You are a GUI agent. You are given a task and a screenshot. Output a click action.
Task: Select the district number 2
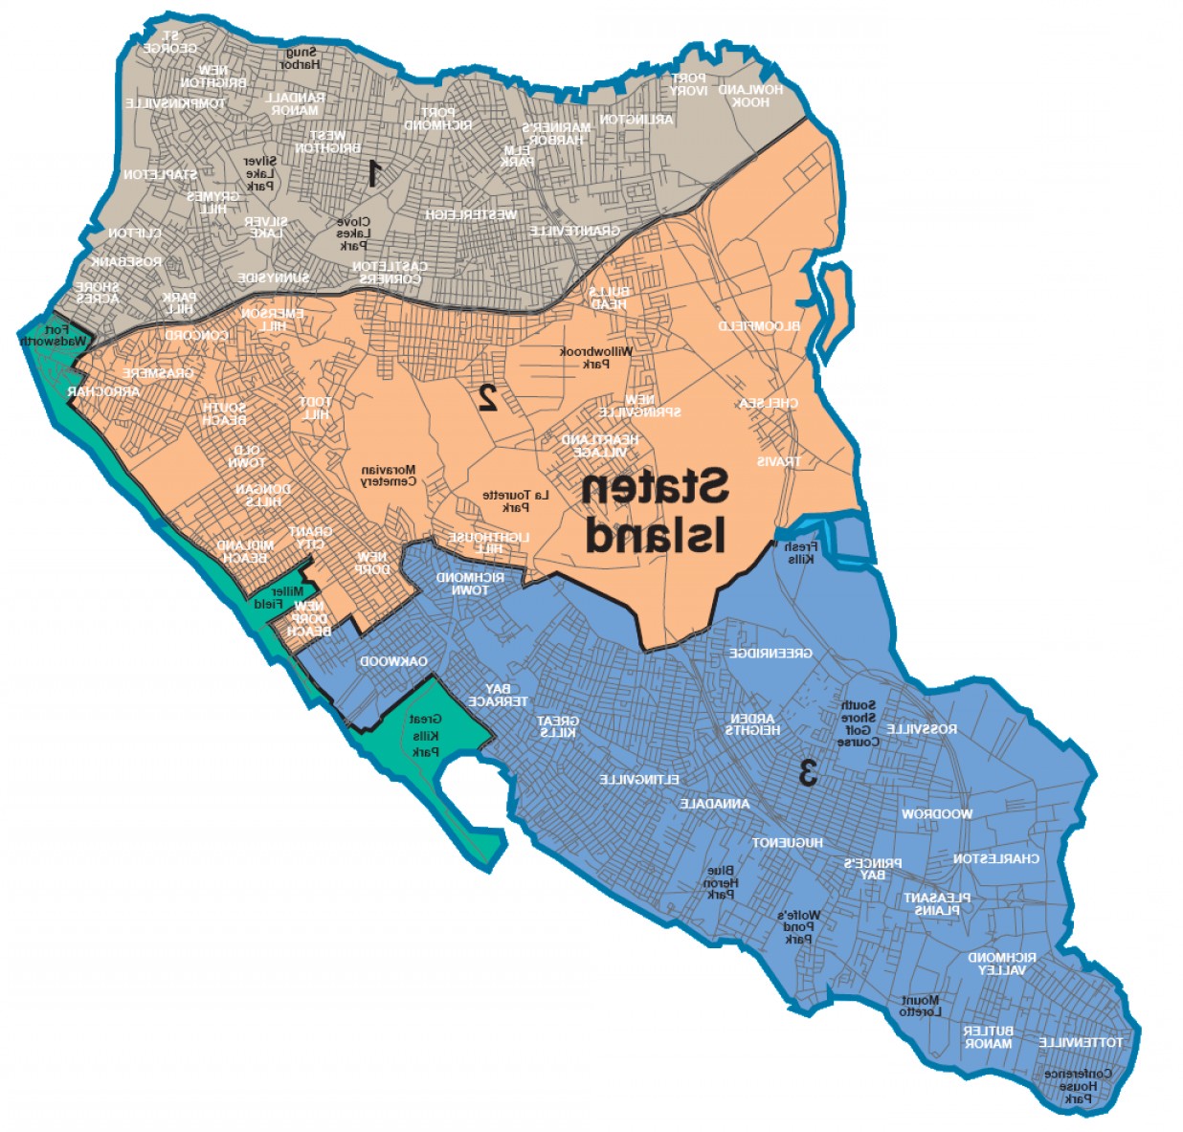(487, 395)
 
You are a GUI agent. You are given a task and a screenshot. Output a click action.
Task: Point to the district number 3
(808, 771)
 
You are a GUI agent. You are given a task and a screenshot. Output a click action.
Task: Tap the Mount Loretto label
(921, 1006)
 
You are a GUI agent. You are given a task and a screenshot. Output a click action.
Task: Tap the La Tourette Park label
(516, 500)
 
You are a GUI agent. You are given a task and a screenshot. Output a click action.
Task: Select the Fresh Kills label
(799, 552)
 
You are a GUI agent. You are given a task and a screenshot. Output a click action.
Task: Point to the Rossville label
(921, 729)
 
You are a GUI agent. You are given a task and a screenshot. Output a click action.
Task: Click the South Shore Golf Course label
(857, 723)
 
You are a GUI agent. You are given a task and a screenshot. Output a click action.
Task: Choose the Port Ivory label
(688, 84)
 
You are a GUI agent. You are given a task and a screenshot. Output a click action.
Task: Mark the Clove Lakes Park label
(353, 233)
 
